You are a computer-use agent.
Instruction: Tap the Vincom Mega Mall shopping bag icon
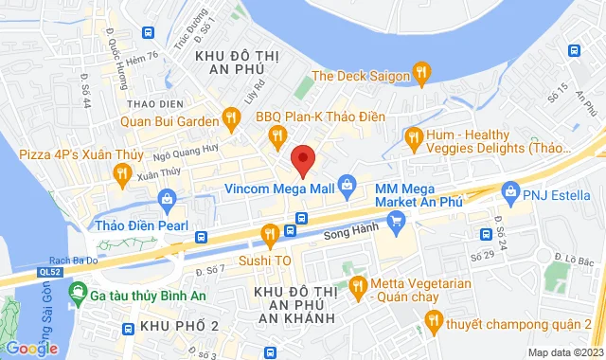pos(347,184)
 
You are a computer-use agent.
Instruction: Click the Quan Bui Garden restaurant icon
pos(229,118)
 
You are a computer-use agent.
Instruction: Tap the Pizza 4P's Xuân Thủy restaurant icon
pos(121,171)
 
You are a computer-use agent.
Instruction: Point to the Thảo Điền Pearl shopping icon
pos(168,199)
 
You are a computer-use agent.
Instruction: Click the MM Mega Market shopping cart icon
pos(398,221)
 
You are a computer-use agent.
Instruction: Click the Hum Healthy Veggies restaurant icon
pos(413,139)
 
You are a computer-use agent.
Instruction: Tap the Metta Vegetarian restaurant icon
pos(357,284)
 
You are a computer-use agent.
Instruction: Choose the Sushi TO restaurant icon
pos(270,233)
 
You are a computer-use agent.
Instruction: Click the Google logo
pos(30,349)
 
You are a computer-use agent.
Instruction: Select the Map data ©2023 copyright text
pos(564,352)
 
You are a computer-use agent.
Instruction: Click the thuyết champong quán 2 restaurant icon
pos(432,324)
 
